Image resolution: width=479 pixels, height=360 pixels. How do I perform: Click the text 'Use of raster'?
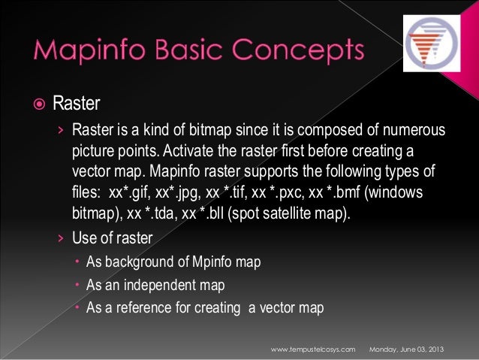tap(112, 239)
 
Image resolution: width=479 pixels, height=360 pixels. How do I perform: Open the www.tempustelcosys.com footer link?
tap(312, 350)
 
